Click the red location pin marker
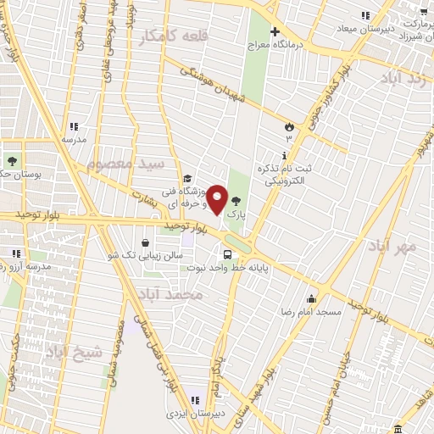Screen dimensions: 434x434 217,199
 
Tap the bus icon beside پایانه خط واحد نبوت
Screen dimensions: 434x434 227,254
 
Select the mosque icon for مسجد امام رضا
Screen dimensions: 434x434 312,299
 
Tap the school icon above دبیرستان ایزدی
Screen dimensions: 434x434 194,400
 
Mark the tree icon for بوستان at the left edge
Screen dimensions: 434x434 12,161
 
